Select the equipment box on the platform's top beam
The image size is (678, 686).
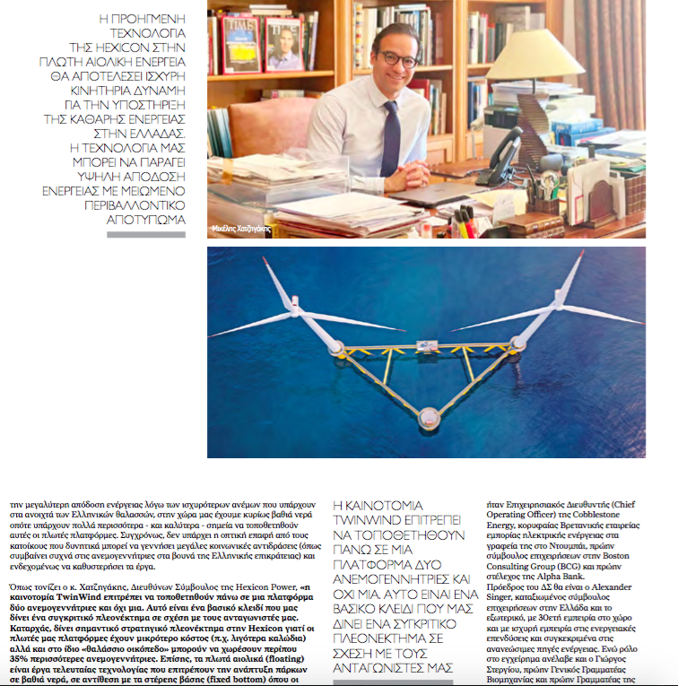pos(427,344)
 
